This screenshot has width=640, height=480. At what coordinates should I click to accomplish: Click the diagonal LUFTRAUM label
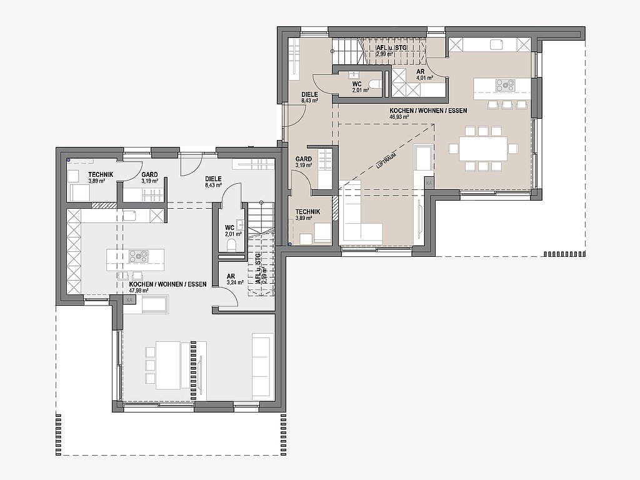(385, 159)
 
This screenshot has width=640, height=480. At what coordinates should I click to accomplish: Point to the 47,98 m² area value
(139, 291)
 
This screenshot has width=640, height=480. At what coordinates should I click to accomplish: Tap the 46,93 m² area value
(399, 117)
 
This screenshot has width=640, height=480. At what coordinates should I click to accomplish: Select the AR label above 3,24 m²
(231, 276)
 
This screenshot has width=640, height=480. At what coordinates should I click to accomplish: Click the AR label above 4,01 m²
(421, 71)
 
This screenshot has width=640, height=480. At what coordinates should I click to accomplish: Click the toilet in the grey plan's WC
(231, 245)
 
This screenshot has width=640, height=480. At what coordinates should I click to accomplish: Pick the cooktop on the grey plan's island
(139, 256)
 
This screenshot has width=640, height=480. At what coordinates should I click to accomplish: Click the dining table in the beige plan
(483, 149)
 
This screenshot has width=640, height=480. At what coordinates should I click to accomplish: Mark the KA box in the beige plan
(429, 184)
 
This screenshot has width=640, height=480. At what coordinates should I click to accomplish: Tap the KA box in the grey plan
(130, 300)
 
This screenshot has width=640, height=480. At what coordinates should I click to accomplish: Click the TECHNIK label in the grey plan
(101, 175)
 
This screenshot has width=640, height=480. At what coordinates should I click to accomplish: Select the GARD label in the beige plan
(304, 159)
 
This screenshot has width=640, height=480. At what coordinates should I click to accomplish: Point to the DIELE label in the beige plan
(310, 94)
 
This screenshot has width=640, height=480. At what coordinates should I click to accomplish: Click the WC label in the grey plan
(229, 227)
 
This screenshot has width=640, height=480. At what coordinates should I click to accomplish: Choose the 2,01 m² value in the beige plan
(361, 90)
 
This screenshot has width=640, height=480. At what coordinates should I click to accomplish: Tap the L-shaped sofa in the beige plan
(361, 216)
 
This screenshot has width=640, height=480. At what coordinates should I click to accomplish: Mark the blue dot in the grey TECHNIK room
(69, 160)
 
